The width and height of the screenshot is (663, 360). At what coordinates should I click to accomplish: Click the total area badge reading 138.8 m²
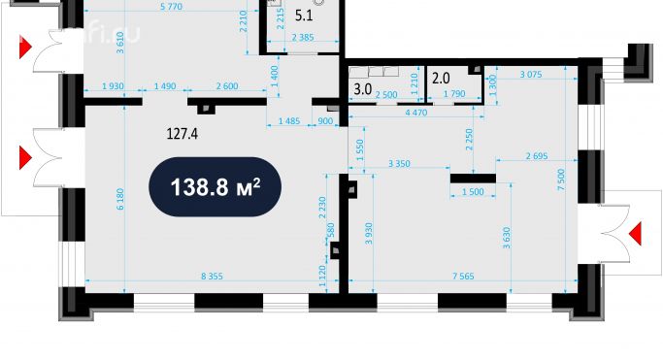click(215, 186)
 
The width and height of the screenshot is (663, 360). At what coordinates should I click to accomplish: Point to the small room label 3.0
click(363, 89)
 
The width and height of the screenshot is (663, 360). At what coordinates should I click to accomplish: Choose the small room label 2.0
click(440, 78)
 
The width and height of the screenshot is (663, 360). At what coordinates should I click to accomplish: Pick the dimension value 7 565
click(464, 278)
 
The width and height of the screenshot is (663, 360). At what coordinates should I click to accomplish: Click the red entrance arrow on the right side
click(636, 233)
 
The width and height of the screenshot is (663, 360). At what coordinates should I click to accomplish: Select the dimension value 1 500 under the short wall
click(473, 193)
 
